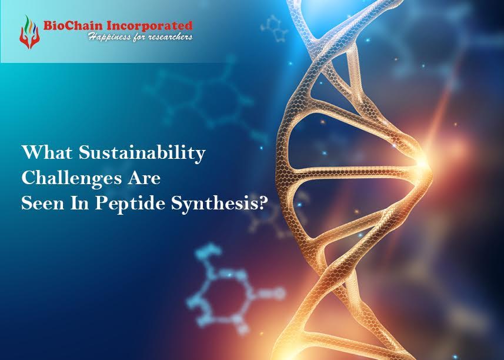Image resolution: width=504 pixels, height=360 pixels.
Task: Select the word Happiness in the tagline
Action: (x=108, y=37)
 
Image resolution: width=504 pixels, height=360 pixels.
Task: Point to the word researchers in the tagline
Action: (x=167, y=37)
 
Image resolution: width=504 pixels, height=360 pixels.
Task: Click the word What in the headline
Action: (x=43, y=154)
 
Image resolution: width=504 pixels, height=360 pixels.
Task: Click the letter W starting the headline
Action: (x=29, y=154)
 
